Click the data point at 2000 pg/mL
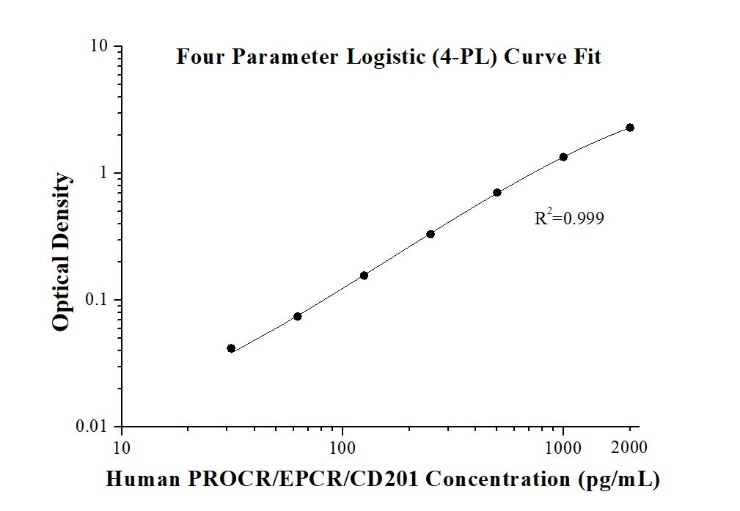point(630,128)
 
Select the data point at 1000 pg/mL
point(563,157)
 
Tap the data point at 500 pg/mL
point(497,193)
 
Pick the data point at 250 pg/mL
point(431,234)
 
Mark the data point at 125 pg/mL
point(364,276)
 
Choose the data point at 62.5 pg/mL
point(298,317)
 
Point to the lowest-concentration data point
point(231,348)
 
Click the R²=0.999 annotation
point(569,217)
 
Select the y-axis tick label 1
point(105,173)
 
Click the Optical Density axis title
point(62,252)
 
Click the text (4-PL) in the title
point(466,57)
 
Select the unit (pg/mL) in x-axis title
point(619,479)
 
